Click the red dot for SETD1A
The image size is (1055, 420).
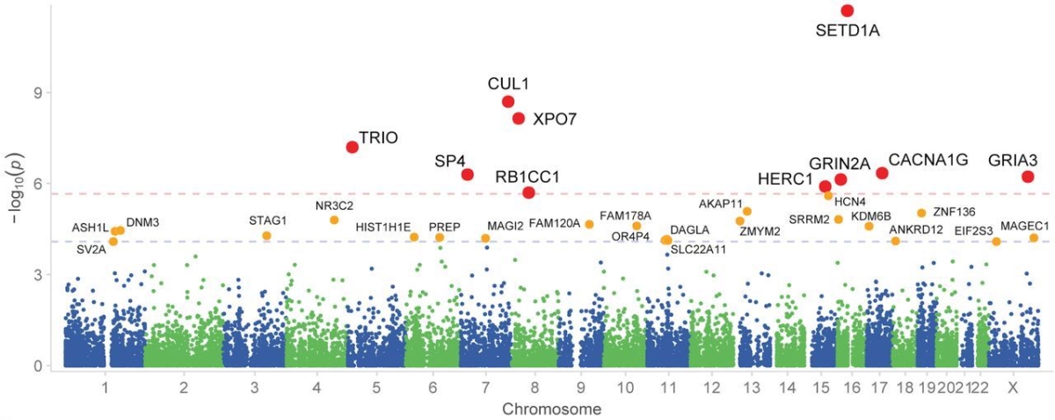[848, 11]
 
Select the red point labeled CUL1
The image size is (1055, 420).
[508, 102]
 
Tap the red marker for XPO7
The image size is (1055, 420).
[519, 119]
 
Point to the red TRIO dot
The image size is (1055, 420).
[353, 147]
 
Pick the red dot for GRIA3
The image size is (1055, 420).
[1028, 177]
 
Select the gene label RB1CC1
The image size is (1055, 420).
[527, 176]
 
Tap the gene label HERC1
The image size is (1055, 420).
[785, 179]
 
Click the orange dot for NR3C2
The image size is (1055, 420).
[334, 220]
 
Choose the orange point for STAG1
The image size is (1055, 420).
[266, 235]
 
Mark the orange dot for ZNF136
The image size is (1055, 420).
[921, 213]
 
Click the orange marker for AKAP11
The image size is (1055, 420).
[747, 211]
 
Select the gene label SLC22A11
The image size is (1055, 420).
[699, 250]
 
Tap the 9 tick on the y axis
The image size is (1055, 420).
[40, 92]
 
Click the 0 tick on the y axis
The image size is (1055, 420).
[40, 366]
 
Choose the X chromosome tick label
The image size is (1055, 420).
[1013, 387]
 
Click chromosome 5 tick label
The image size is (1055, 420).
[376, 387]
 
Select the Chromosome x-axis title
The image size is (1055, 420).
[539, 409]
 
